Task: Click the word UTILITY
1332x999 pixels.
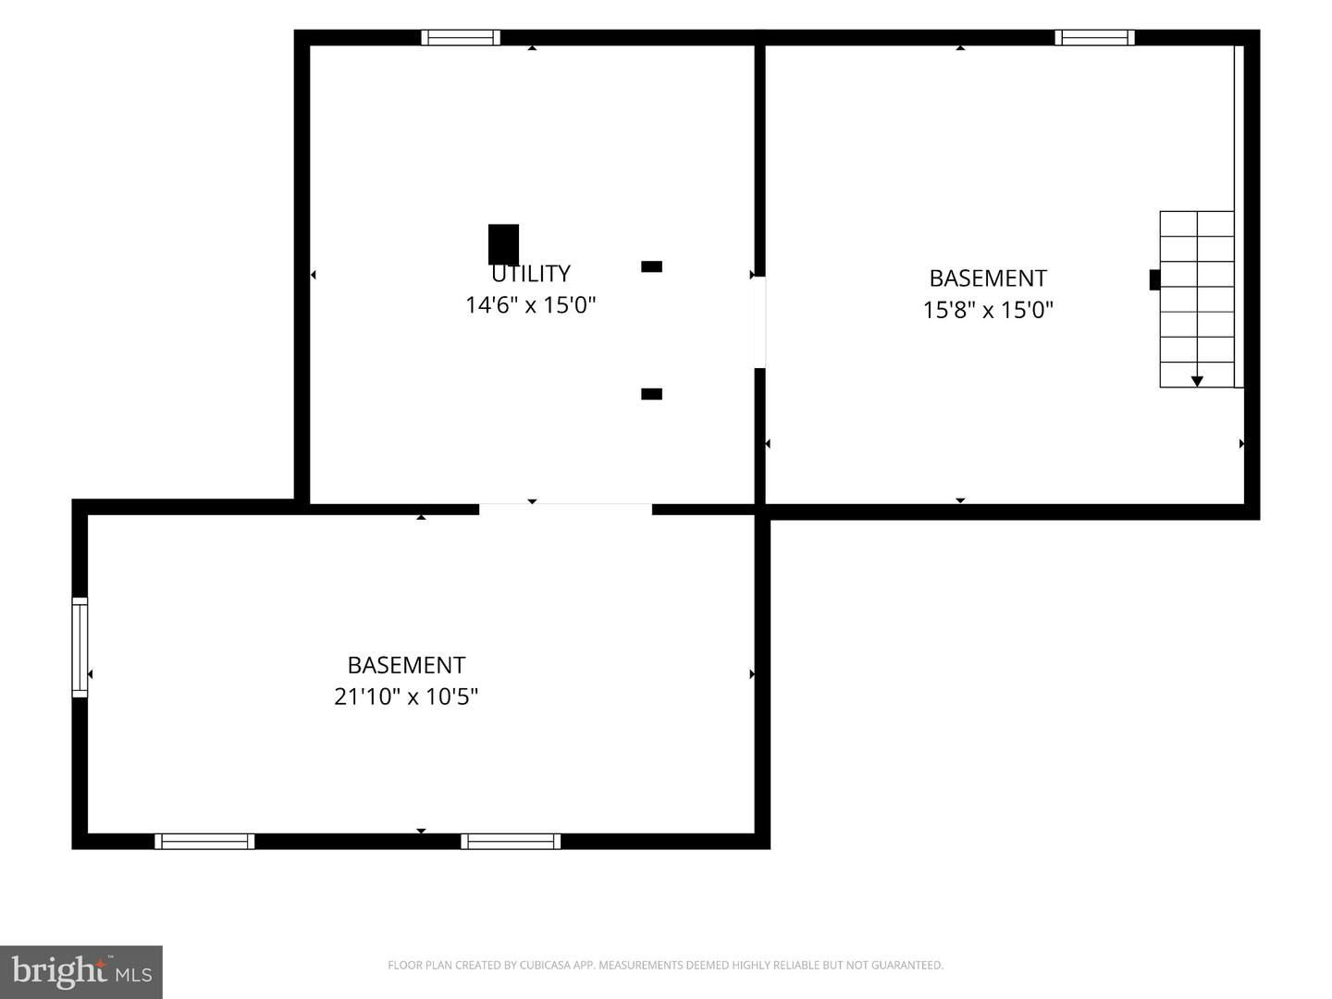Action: tap(530, 274)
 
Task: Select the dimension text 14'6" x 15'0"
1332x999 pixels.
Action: tap(530, 304)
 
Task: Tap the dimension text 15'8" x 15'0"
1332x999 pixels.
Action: tap(988, 310)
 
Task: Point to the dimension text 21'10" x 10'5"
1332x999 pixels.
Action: tap(406, 697)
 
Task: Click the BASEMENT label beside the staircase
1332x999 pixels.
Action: tap(988, 278)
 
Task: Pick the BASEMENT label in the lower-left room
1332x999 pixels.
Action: tap(406, 665)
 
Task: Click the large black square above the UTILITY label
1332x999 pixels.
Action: tap(504, 244)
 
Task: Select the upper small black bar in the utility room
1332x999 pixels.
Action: tap(652, 266)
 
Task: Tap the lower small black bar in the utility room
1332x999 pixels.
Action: tap(652, 394)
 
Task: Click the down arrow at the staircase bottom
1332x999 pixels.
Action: tap(1197, 381)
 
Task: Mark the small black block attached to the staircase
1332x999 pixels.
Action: tap(1154, 280)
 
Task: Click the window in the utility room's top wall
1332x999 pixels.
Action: tap(462, 38)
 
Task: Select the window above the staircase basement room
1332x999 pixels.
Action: tap(1094, 38)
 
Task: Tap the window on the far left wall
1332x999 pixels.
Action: tap(80, 647)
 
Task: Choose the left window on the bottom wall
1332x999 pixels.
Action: tap(204, 842)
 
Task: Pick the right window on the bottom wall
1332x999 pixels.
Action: tap(511, 842)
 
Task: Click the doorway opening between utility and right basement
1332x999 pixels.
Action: tap(759, 322)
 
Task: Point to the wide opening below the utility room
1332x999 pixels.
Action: tap(565, 510)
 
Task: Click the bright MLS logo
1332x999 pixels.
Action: tap(81, 972)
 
